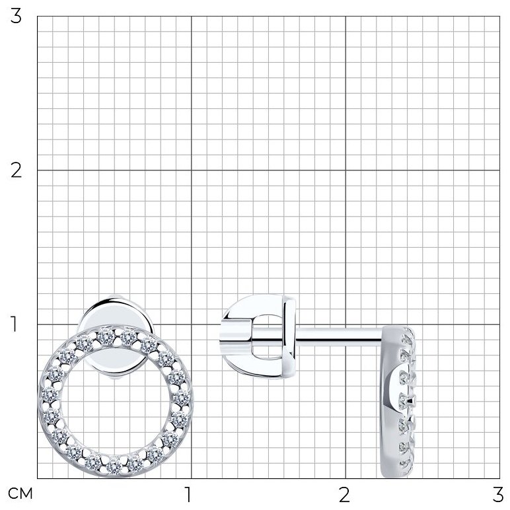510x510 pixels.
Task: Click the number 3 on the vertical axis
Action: pos(16,17)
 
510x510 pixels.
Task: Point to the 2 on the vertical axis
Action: pos(16,170)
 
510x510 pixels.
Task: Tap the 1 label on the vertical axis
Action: pos(15,324)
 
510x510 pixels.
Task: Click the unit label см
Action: pos(20,493)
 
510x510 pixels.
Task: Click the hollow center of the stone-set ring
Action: pos(115,401)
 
